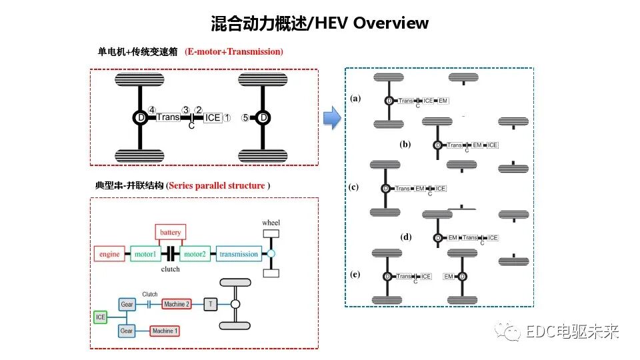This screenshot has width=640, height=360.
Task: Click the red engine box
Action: coord(109,254)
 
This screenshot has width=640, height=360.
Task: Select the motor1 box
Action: coord(146,254)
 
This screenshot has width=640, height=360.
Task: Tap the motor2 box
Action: coord(195,254)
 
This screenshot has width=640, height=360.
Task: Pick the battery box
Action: coord(170,233)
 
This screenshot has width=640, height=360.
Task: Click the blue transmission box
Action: coord(238,254)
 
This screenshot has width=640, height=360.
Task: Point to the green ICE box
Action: coord(101,317)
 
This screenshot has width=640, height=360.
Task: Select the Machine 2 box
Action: coord(177,304)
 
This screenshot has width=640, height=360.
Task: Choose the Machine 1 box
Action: coord(165,331)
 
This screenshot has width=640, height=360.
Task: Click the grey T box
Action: coord(211,304)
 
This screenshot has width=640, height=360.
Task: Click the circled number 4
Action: coord(152,110)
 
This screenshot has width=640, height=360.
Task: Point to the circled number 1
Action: coord(227,118)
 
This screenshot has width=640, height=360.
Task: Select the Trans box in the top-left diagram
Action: coord(168,118)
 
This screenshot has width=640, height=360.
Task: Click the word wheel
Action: coord(271,223)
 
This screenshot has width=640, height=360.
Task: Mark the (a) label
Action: coord(355,98)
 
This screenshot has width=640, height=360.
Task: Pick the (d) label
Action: coord(406,237)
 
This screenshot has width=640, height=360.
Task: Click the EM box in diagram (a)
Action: coord(443,101)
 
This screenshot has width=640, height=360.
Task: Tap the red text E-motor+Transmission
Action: coord(234,51)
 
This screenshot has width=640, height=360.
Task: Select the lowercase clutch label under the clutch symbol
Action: coord(171,269)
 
